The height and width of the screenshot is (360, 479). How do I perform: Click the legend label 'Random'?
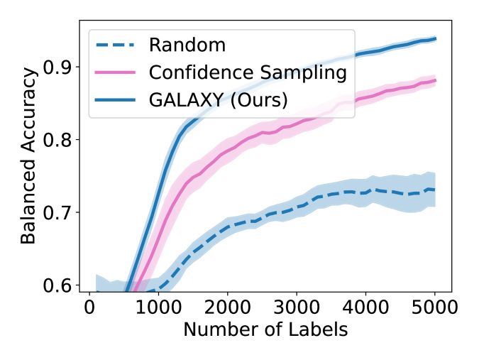coord(187,45)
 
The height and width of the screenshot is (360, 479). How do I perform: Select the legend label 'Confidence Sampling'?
coord(248,72)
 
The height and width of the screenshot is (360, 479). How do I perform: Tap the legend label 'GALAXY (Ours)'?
coord(219,100)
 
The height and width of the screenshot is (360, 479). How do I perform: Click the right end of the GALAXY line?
coord(434,38)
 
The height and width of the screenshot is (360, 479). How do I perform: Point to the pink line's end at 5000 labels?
coord(434,80)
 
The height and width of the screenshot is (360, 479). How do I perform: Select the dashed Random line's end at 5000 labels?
coord(434,190)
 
